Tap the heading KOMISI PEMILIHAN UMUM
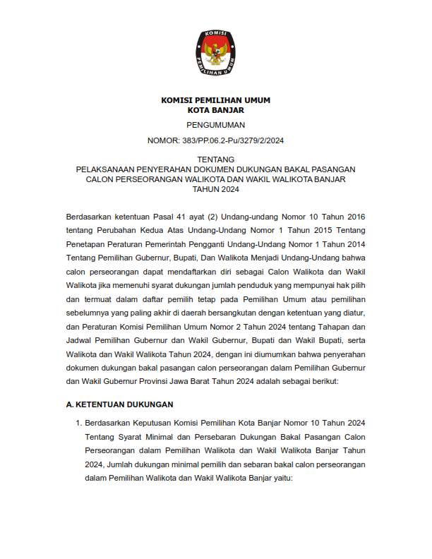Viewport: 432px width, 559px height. click(215, 100)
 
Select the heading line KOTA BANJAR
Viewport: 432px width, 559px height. click(215, 110)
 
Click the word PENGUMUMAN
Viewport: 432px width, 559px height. click(215, 125)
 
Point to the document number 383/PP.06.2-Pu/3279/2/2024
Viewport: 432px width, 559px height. click(215, 140)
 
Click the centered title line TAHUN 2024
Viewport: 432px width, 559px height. click(215, 189)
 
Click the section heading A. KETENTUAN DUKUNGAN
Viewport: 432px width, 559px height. click(119, 404)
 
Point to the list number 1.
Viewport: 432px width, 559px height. click(78, 423)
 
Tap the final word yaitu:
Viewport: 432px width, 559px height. click(281, 479)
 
